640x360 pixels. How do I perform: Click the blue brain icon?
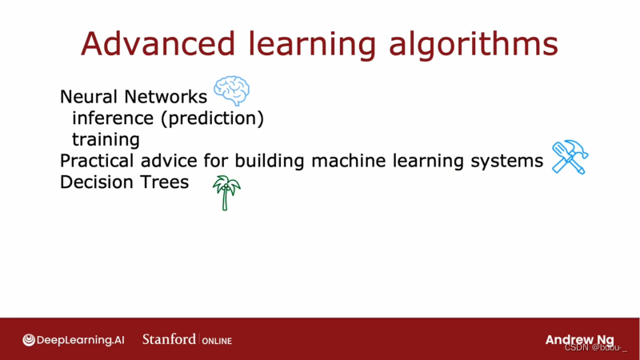click(231, 91)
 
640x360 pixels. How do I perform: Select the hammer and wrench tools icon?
click(570, 157)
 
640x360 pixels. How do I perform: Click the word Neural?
click(90, 98)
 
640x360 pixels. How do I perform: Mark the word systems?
click(504, 161)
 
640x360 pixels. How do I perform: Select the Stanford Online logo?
click(187, 339)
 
